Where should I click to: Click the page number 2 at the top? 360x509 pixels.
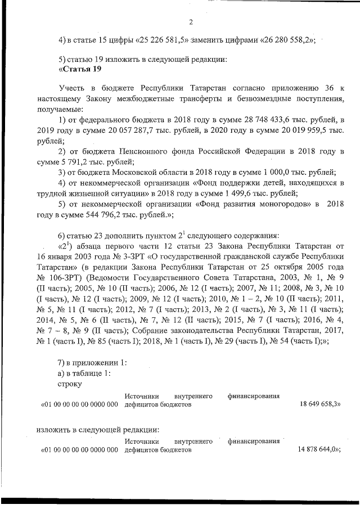[x=191, y=22]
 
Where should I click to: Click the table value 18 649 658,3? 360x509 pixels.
[x=318, y=404]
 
